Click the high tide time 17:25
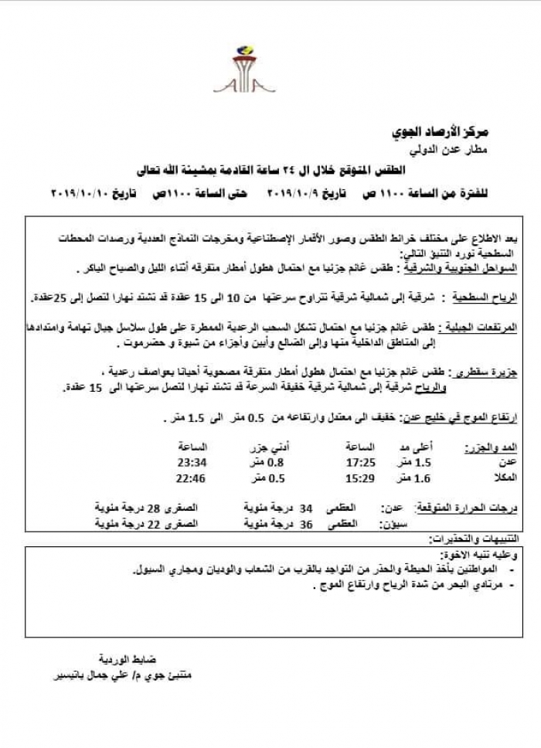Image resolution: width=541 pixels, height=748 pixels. pyautogui.click(x=359, y=463)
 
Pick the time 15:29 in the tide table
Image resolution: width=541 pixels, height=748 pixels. pyautogui.click(x=359, y=478)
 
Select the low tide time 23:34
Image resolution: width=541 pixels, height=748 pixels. pyautogui.click(x=192, y=463)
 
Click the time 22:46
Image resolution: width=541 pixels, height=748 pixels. pyautogui.click(x=192, y=478)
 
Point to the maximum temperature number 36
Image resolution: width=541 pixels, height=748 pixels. pyautogui.click(x=306, y=523)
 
